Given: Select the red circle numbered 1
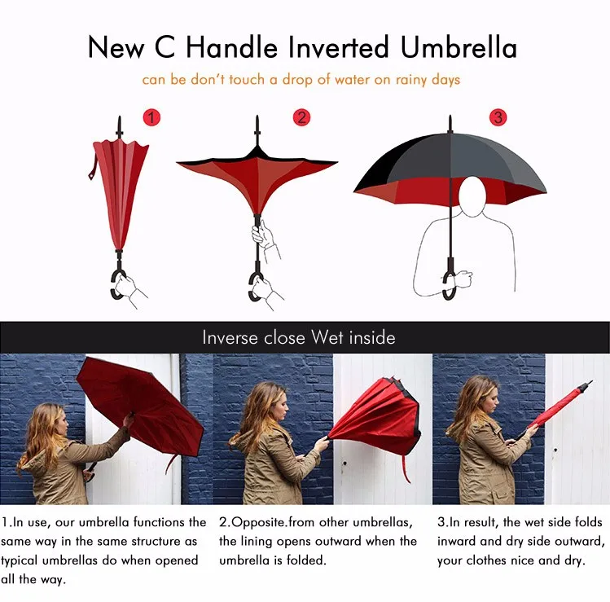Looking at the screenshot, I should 151,118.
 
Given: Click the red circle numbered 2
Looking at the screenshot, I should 302,117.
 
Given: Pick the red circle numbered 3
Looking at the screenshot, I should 498,117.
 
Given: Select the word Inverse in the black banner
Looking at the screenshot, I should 230,337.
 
